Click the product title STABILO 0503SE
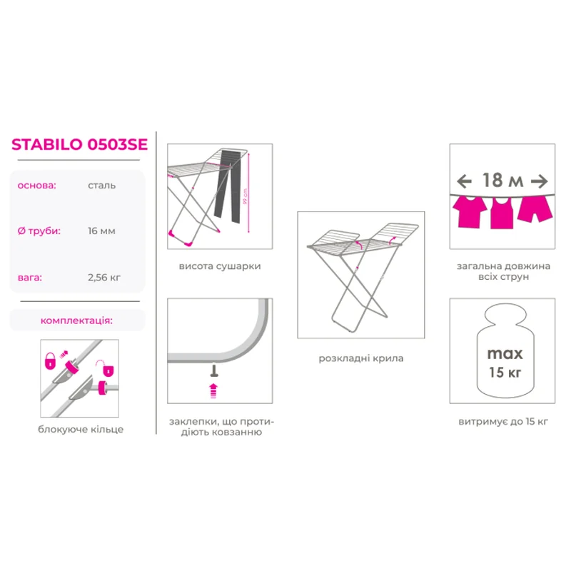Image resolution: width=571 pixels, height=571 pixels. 79,144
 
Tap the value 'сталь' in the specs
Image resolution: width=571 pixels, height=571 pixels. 101,186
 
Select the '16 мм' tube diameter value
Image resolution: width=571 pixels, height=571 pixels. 101,231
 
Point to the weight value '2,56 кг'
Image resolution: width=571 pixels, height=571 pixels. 104,278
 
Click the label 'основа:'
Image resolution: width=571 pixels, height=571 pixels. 37,186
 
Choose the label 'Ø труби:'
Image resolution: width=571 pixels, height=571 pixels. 39,231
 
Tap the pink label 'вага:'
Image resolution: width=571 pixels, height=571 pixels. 30,278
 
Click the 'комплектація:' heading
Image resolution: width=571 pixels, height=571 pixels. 76,320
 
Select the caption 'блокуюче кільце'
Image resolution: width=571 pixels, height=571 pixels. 81,430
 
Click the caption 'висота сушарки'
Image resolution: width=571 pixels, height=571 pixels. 220,266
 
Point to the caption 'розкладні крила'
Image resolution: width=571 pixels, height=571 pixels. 361,358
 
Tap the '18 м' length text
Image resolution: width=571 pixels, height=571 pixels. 502,181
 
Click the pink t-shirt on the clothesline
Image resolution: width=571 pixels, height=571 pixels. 470,211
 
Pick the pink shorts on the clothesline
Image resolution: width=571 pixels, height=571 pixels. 535,208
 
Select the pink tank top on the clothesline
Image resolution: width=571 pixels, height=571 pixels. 502,213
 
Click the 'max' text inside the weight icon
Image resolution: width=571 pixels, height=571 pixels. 505,354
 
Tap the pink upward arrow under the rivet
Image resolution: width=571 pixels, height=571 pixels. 213,390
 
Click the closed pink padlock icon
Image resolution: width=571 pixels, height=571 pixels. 50,361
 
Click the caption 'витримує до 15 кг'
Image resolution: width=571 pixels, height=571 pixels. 503,422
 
